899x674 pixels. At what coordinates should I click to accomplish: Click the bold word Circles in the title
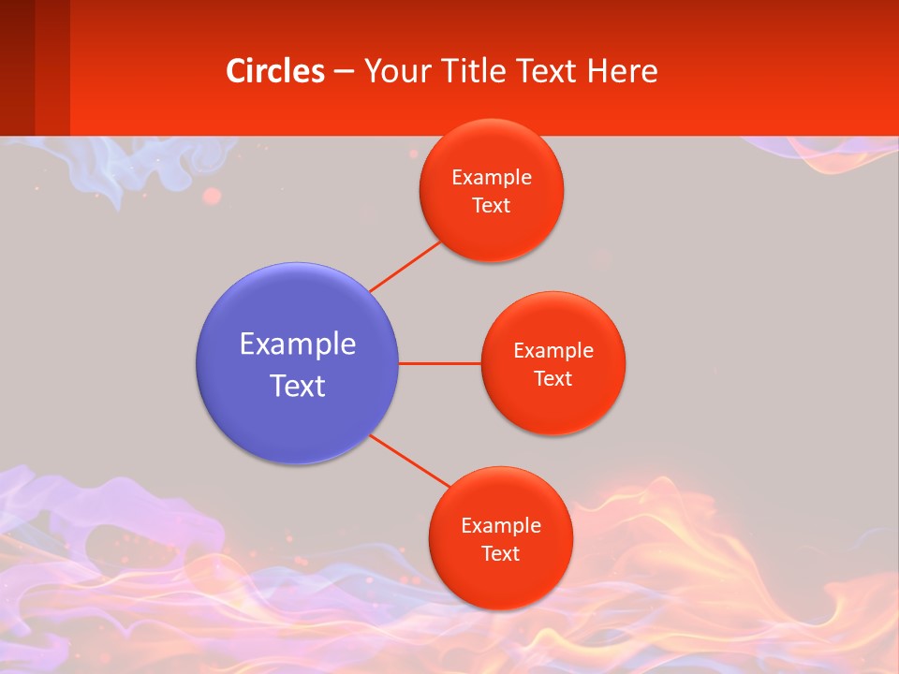pyautogui.click(x=275, y=71)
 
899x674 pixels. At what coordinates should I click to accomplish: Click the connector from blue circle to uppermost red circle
pyautogui.click(x=405, y=266)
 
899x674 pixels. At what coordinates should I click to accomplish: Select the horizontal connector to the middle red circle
pyautogui.click(x=439, y=363)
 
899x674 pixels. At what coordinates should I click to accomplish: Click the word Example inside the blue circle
pyautogui.click(x=298, y=344)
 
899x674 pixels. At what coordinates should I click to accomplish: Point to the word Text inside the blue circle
pyautogui.click(x=298, y=386)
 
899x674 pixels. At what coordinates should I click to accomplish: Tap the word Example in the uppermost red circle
pyautogui.click(x=492, y=178)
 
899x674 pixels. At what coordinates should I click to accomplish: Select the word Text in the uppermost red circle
pyautogui.click(x=492, y=205)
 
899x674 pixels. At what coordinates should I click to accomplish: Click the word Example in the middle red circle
pyautogui.click(x=553, y=351)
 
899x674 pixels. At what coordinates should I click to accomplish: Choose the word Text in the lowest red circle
pyautogui.click(x=500, y=553)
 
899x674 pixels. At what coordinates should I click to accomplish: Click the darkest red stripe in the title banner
pyautogui.click(x=17, y=67)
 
